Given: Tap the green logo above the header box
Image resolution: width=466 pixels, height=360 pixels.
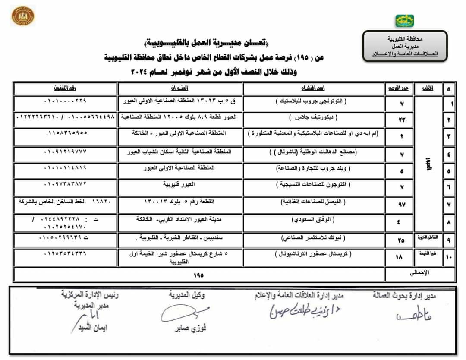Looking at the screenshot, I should pyautogui.click(x=404, y=21).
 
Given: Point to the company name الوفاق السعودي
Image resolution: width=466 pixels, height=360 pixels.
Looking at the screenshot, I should pyautogui.click(x=313, y=220).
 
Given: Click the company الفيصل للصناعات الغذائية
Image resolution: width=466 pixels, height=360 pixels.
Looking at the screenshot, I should pyautogui.click(x=313, y=202).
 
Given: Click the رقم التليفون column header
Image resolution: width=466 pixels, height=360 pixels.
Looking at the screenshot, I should pyautogui.click(x=65, y=88).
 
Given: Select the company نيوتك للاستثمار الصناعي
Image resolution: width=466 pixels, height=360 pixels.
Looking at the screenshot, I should pyautogui.click(x=313, y=237).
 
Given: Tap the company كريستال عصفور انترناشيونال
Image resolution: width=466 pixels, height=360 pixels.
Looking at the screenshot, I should pyautogui.click(x=313, y=255).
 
